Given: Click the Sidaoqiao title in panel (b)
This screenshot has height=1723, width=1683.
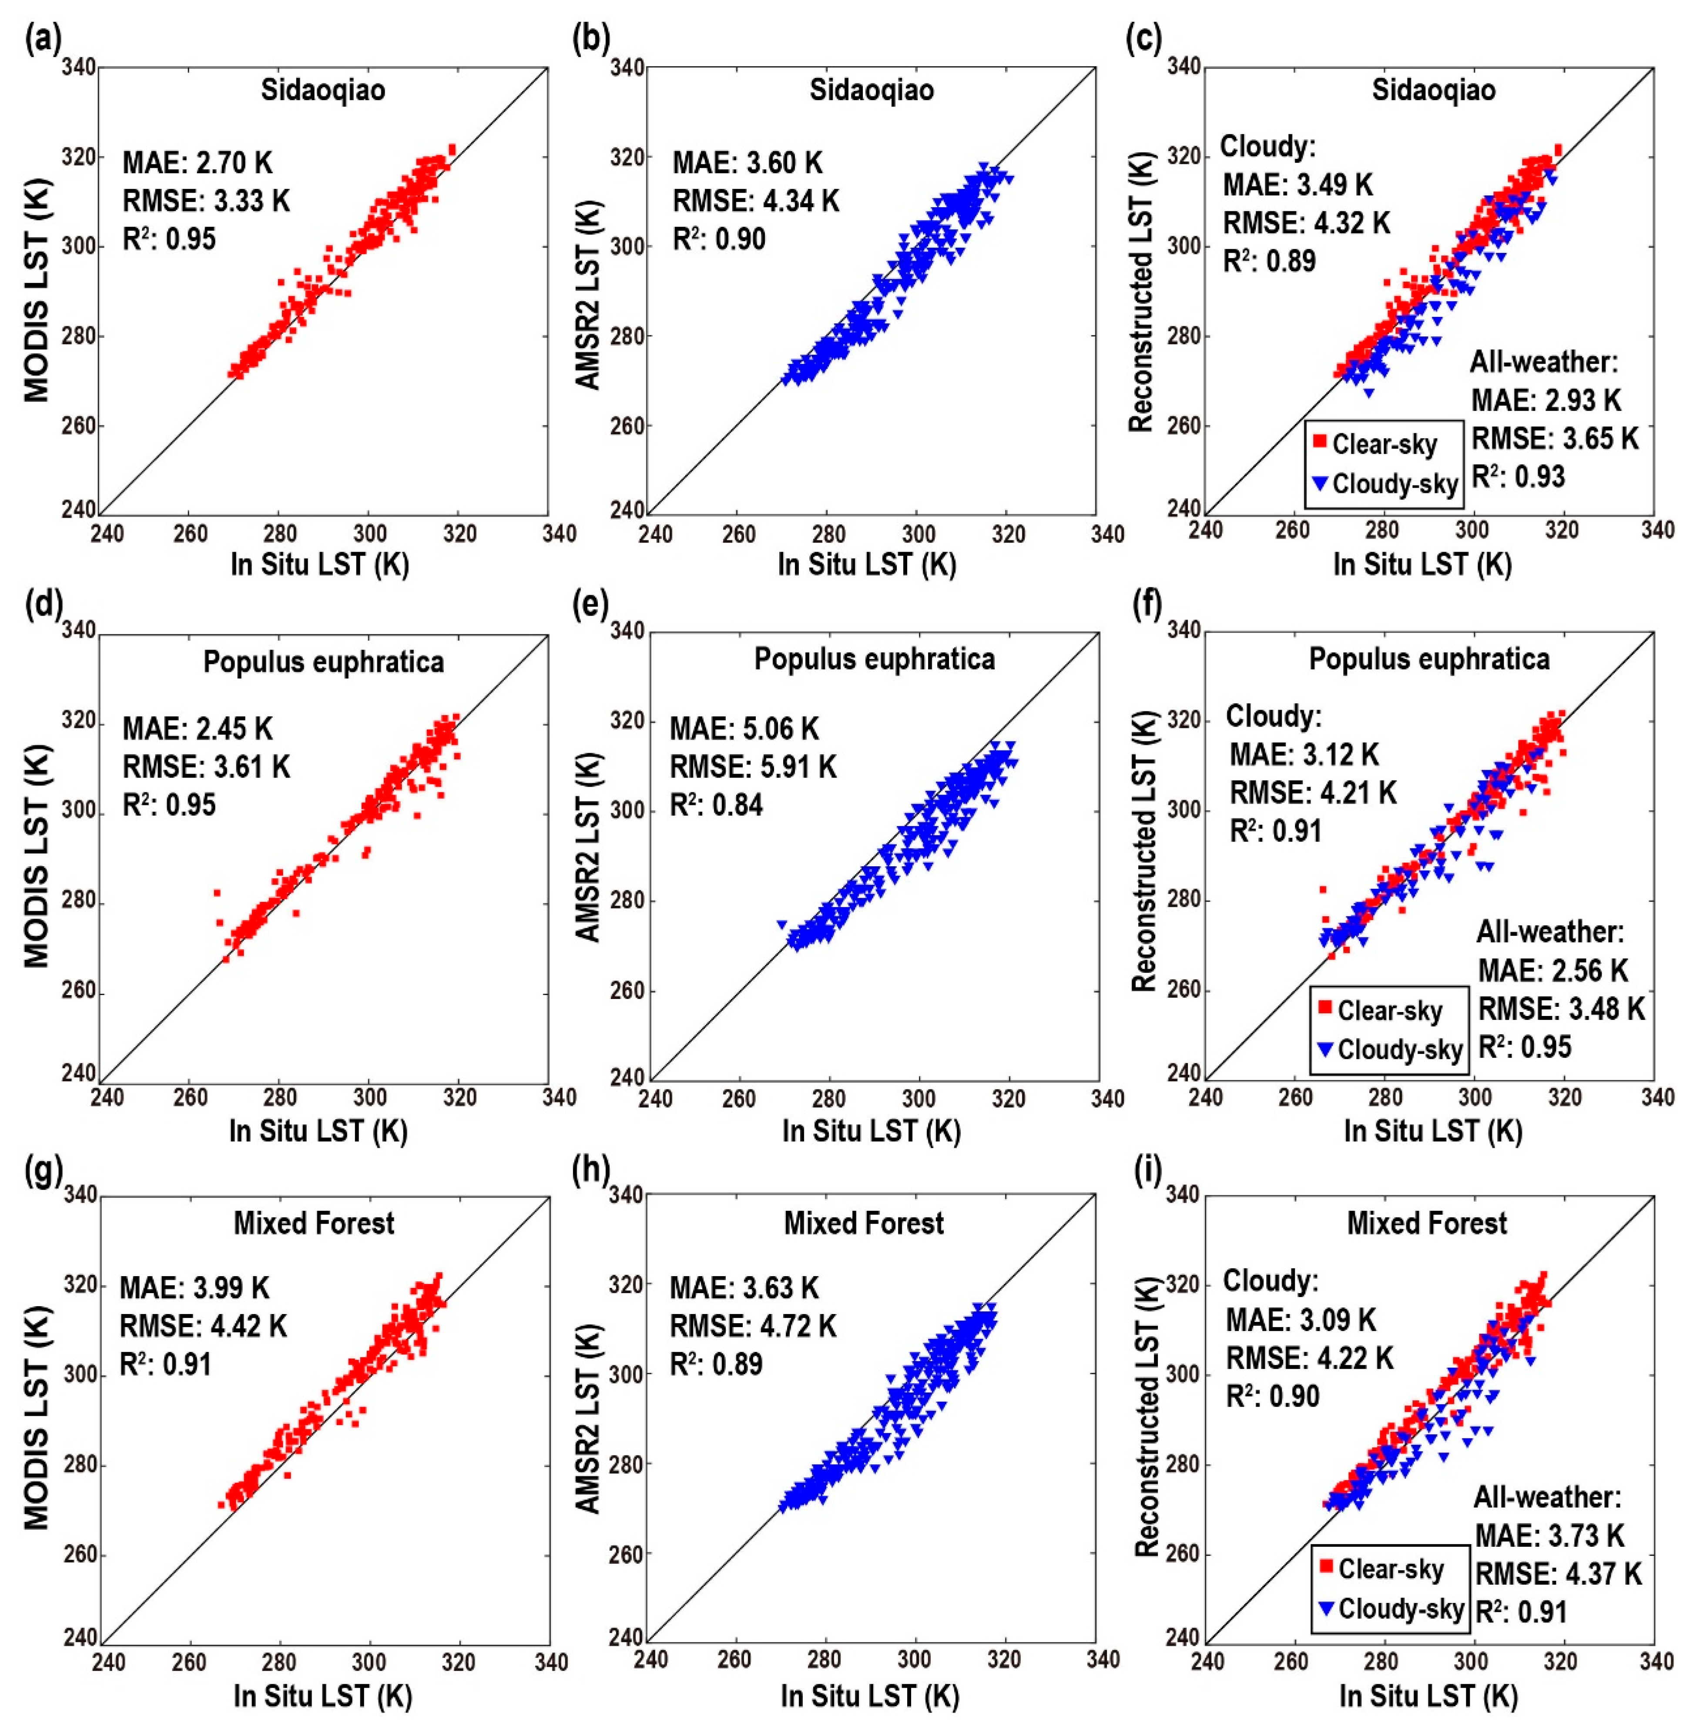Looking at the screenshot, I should tap(872, 90).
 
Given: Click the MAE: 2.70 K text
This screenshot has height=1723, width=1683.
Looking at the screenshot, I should tap(198, 163).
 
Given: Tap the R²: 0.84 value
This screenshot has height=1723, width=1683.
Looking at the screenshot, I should tap(717, 805).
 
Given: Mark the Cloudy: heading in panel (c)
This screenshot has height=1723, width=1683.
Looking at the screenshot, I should tap(1268, 146).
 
